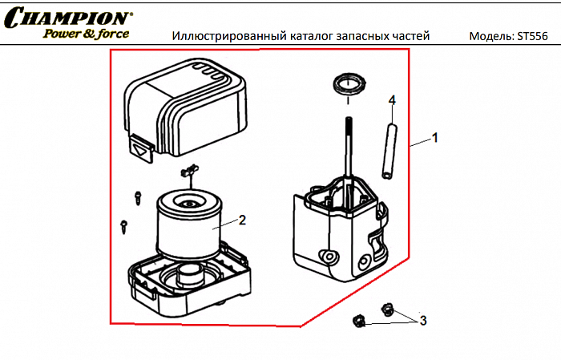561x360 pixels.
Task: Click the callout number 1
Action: point(435,138)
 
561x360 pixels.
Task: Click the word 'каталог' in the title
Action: point(305,37)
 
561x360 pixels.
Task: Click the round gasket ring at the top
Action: point(348,83)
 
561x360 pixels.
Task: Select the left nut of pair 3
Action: point(358,322)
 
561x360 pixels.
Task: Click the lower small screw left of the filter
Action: point(123,224)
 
